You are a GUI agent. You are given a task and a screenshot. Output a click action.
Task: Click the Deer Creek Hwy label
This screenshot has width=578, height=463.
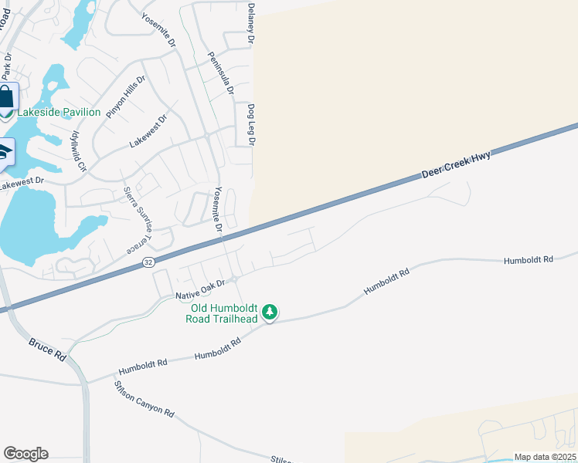click(x=456, y=165)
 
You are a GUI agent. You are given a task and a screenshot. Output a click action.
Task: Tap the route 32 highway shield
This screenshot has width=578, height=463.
click(x=148, y=263)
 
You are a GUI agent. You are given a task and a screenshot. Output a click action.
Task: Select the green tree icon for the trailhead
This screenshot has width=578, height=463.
click(x=270, y=312)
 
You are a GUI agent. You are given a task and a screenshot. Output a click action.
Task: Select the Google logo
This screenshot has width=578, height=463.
click(x=25, y=454)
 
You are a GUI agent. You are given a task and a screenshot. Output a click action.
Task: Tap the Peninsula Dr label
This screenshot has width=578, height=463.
click(x=220, y=73)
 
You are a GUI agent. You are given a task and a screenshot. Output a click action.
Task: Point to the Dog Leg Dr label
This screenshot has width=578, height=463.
click(x=251, y=124)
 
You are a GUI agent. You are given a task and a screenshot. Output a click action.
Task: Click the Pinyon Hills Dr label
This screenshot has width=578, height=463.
click(x=126, y=96)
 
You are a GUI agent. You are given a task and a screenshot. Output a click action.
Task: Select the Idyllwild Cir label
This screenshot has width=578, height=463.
click(x=79, y=150)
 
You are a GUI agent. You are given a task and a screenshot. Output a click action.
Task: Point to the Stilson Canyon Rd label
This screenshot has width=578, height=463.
click(x=144, y=398)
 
